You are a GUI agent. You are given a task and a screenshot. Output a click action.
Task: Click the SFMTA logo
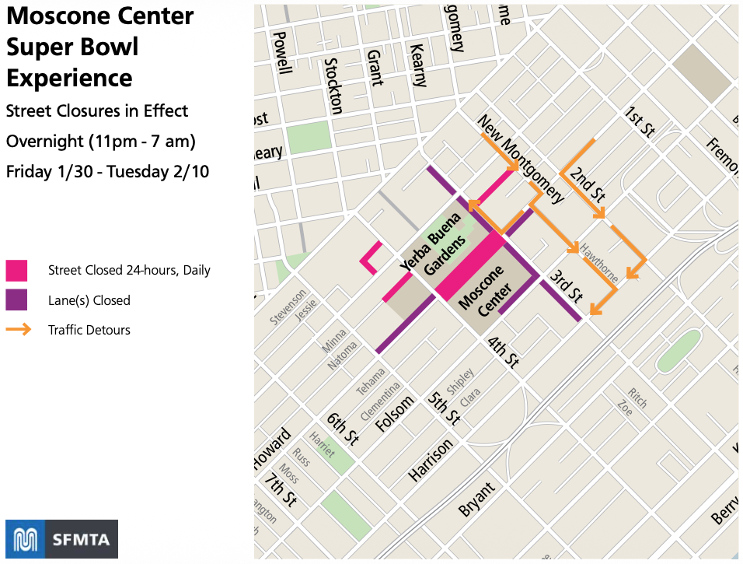tap(61, 539)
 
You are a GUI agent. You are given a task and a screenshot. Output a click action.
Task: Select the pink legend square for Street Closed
tap(16, 271)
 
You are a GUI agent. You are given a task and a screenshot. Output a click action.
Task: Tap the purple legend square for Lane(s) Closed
tap(16, 300)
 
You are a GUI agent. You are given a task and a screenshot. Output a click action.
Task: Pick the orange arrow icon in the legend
tap(18, 330)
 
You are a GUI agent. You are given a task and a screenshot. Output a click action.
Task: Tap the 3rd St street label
tap(566, 286)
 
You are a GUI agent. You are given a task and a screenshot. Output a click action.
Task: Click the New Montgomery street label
tap(520, 159)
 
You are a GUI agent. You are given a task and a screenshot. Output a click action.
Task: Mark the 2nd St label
tap(587, 184)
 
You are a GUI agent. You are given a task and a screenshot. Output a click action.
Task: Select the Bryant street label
tap(476, 499)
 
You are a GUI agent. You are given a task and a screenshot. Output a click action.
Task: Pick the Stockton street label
tap(333, 86)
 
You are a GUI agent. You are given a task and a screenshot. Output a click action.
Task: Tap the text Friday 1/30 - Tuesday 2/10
tap(107, 172)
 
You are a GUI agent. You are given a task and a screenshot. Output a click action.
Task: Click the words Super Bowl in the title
tap(72, 47)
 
